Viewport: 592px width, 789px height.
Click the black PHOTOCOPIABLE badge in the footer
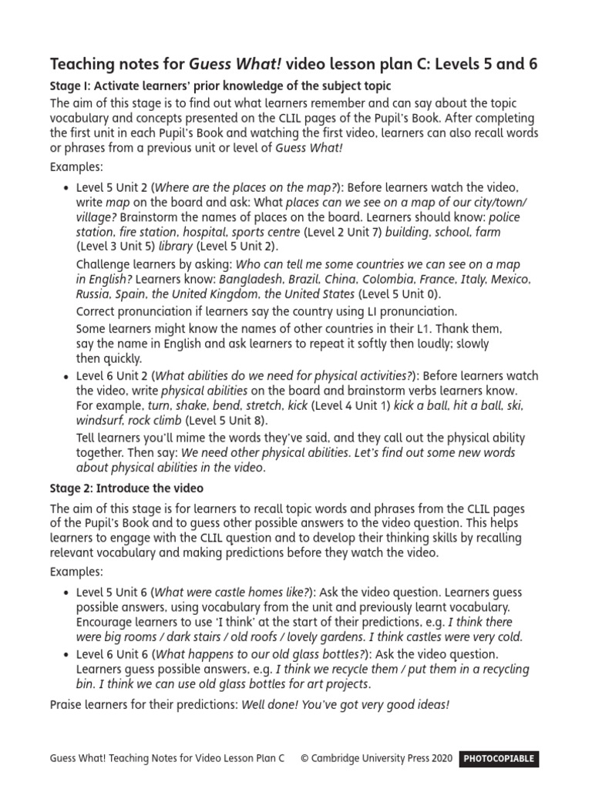(499, 758)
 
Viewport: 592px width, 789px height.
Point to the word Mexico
(510, 279)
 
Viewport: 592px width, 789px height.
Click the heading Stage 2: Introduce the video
(126, 489)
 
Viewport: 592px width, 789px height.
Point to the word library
(176, 247)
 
